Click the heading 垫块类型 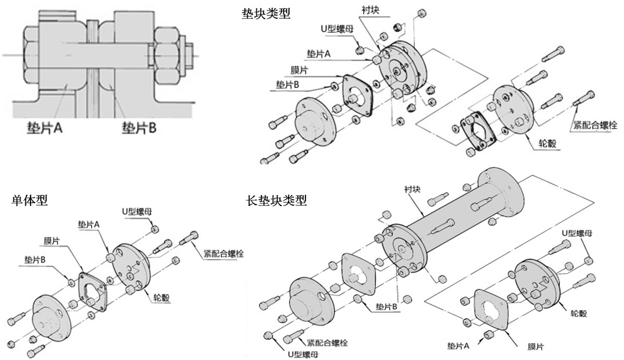pyautogui.click(x=266, y=13)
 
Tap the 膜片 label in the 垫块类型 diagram pyautogui.click(x=300, y=70)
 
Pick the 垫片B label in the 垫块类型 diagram pyautogui.click(x=288, y=85)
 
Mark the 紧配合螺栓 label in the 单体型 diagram pyautogui.click(x=223, y=254)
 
